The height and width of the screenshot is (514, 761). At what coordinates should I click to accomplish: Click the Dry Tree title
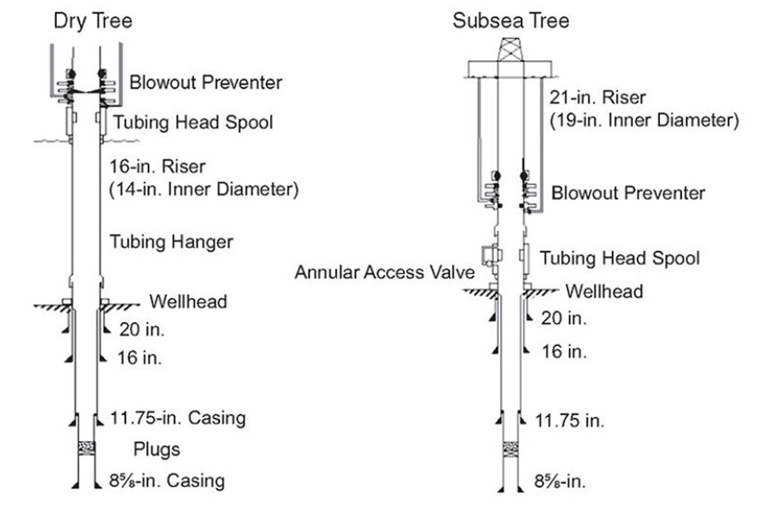point(93,21)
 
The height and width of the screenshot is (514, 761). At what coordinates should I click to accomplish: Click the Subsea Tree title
point(511,21)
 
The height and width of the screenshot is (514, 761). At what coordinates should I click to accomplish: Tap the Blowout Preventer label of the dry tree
point(205,82)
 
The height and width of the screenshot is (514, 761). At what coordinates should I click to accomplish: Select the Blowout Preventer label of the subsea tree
point(628,193)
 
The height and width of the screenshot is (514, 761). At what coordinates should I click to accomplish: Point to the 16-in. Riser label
point(158,167)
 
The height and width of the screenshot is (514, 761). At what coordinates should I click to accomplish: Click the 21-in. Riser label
point(597,97)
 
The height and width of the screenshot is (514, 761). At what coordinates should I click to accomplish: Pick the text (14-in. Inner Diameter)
point(204,189)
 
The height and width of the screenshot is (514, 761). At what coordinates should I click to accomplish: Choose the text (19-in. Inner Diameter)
point(644,120)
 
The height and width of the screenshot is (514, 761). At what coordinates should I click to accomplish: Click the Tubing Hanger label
point(171,242)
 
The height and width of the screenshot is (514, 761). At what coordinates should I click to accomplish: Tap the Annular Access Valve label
point(384,272)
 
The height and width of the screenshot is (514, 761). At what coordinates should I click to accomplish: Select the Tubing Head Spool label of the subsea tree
point(619,258)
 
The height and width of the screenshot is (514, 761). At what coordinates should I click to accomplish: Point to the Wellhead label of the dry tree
point(188,302)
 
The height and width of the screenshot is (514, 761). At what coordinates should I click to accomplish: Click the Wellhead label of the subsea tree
point(604,291)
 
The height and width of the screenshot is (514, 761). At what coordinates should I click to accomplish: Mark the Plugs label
point(156,450)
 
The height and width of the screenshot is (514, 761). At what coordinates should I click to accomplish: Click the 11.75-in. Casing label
point(177,418)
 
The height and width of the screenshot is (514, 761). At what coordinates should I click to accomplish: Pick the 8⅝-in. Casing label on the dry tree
point(167,481)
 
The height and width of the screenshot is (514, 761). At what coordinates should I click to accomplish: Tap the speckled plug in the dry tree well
point(87,448)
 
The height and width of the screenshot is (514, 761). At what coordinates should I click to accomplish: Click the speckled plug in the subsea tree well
point(510,449)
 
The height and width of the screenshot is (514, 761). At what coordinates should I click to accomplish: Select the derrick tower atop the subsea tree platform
point(511,49)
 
